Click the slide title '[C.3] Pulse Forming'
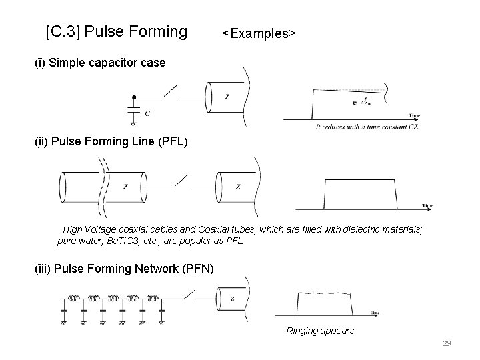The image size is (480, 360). point(117,31)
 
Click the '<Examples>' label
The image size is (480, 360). point(259,33)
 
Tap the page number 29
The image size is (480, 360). point(447,343)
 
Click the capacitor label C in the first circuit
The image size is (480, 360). point(147,113)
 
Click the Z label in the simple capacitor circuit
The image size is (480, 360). point(227,97)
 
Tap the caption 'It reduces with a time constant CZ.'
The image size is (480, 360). point(367,126)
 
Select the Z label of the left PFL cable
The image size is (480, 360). point(125,187)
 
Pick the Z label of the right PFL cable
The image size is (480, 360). point(237,187)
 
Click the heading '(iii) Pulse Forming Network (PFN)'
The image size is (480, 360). point(125,269)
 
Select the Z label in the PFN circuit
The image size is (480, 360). point(232,299)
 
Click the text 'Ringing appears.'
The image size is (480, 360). point(321,331)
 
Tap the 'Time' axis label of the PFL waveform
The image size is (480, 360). point(427,206)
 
